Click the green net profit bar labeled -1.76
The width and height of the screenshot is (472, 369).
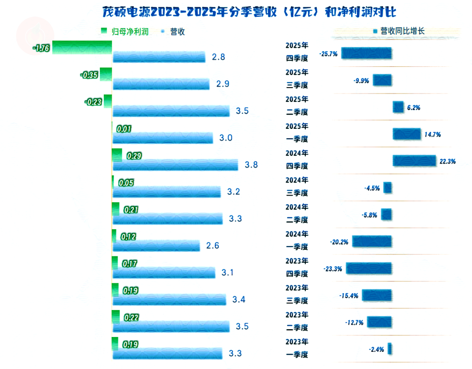point(82,48)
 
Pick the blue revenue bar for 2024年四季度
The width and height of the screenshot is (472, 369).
point(175,165)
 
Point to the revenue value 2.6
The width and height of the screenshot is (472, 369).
point(212,246)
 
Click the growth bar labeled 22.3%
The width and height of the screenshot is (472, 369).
point(414,160)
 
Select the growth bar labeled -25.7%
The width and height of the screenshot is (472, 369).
point(366,53)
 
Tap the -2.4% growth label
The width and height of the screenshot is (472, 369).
point(376,349)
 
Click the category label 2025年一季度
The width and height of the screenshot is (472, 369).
point(297,133)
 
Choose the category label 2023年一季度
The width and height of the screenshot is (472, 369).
point(297,348)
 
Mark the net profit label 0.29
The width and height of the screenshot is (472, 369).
point(134,156)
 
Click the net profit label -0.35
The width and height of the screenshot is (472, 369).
point(89,75)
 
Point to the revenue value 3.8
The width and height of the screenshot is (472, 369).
point(251,165)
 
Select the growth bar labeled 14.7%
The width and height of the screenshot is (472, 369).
point(407,134)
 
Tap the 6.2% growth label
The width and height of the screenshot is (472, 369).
point(413,107)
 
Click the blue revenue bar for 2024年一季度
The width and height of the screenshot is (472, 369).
point(156,246)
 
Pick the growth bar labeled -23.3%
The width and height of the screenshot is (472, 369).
point(369,268)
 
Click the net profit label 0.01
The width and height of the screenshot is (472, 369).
point(124,129)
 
